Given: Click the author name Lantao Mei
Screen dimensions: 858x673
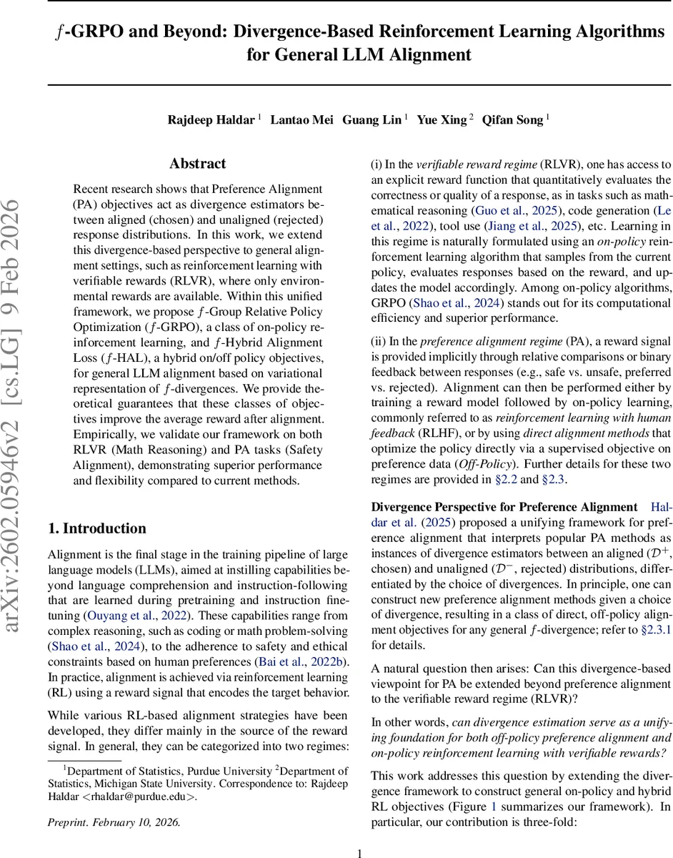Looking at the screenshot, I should tap(301, 119).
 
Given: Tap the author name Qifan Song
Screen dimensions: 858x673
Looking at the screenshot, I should tap(513, 119).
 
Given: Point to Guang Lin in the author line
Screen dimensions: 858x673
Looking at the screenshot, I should tap(372, 119).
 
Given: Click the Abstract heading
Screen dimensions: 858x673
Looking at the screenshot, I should tap(197, 164).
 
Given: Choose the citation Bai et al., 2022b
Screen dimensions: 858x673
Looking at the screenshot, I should tap(304, 662).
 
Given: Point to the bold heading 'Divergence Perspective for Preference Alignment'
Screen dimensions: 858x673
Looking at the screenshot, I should tap(504, 507).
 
